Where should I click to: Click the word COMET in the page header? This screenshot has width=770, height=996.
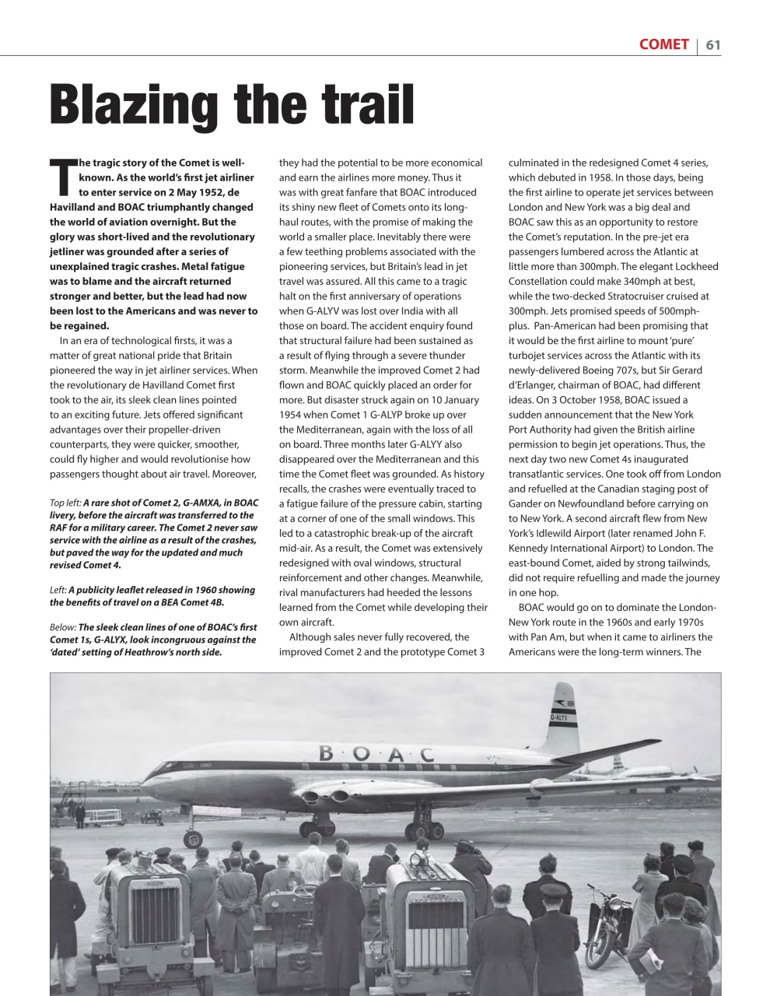point(663,44)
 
